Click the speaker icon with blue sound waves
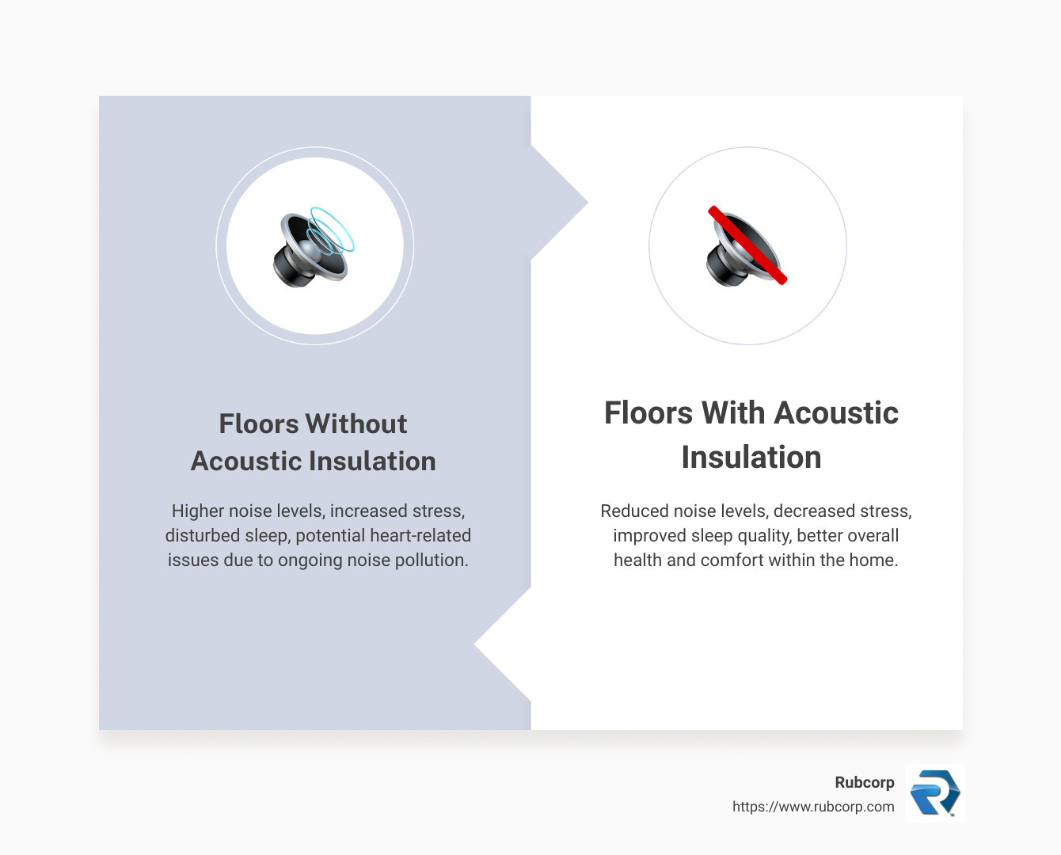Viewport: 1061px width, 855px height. point(314,246)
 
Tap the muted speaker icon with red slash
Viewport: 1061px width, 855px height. point(745,248)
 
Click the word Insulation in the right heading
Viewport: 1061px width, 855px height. point(751,458)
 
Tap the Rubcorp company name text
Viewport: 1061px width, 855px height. point(864,782)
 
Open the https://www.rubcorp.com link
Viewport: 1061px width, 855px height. point(813,807)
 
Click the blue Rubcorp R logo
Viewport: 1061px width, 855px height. point(934,793)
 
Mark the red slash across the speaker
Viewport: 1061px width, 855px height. point(747,245)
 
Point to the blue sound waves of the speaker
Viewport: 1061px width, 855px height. point(333,230)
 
